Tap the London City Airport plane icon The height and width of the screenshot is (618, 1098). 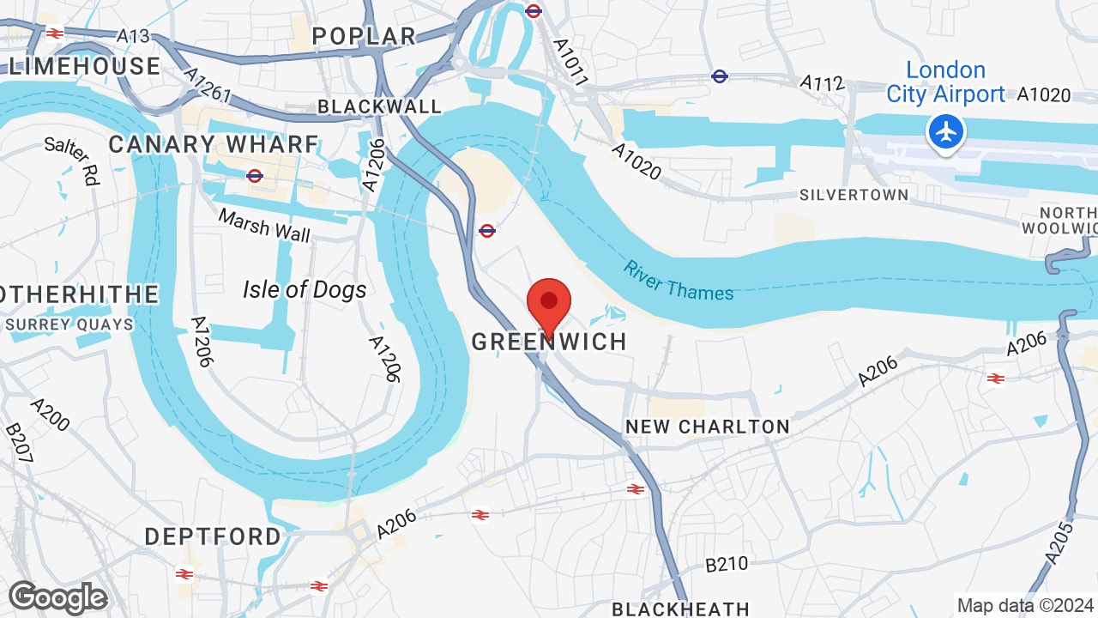pyautogui.click(x=946, y=132)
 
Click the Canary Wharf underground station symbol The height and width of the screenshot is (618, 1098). pyautogui.click(x=254, y=176)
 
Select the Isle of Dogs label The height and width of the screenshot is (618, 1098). pyautogui.click(x=305, y=290)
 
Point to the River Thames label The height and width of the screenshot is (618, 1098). pyautogui.click(x=679, y=281)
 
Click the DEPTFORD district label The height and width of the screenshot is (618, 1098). pyautogui.click(x=213, y=536)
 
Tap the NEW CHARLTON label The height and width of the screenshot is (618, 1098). pyautogui.click(x=707, y=427)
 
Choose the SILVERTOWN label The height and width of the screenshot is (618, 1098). pyautogui.click(x=854, y=195)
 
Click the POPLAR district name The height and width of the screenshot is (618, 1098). pyautogui.click(x=364, y=35)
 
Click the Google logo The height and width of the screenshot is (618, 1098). pyautogui.click(x=58, y=597)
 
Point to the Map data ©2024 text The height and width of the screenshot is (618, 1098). pyautogui.click(x=1025, y=604)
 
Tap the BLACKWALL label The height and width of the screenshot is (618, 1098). pyautogui.click(x=379, y=106)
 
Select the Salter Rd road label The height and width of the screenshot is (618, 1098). pyautogui.click(x=72, y=161)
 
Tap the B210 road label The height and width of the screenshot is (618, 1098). pyautogui.click(x=727, y=565)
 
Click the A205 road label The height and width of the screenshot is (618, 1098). pyautogui.click(x=1062, y=542)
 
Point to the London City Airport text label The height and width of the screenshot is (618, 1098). pyautogui.click(x=945, y=82)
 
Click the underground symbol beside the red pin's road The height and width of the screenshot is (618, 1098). pyautogui.click(x=486, y=230)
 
